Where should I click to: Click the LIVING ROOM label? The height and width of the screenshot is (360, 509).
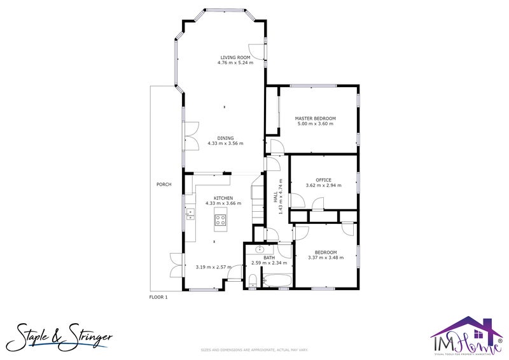pos(235,57)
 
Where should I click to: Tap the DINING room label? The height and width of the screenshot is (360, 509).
pos(225,138)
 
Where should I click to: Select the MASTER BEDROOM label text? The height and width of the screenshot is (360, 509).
pos(315,118)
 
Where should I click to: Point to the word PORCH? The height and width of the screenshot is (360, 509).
pos(164,184)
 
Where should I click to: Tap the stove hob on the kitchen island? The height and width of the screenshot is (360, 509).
pos(221,220)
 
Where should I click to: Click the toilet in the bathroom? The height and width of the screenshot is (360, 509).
pos(252,280)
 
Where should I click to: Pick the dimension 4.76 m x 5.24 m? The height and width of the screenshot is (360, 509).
pos(235,63)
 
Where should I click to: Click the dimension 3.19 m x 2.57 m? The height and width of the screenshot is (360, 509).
pos(213,267)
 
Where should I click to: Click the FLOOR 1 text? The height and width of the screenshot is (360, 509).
pos(158,297)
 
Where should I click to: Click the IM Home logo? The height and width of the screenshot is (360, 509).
pos(466,336)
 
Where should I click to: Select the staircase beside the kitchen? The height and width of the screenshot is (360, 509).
pos(258,200)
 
